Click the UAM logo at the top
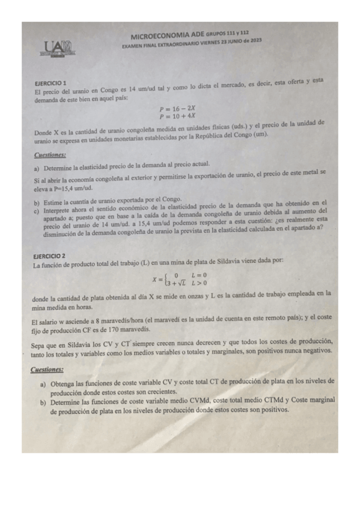(x=58, y=49)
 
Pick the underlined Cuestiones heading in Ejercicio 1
(x=50, y=156)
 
